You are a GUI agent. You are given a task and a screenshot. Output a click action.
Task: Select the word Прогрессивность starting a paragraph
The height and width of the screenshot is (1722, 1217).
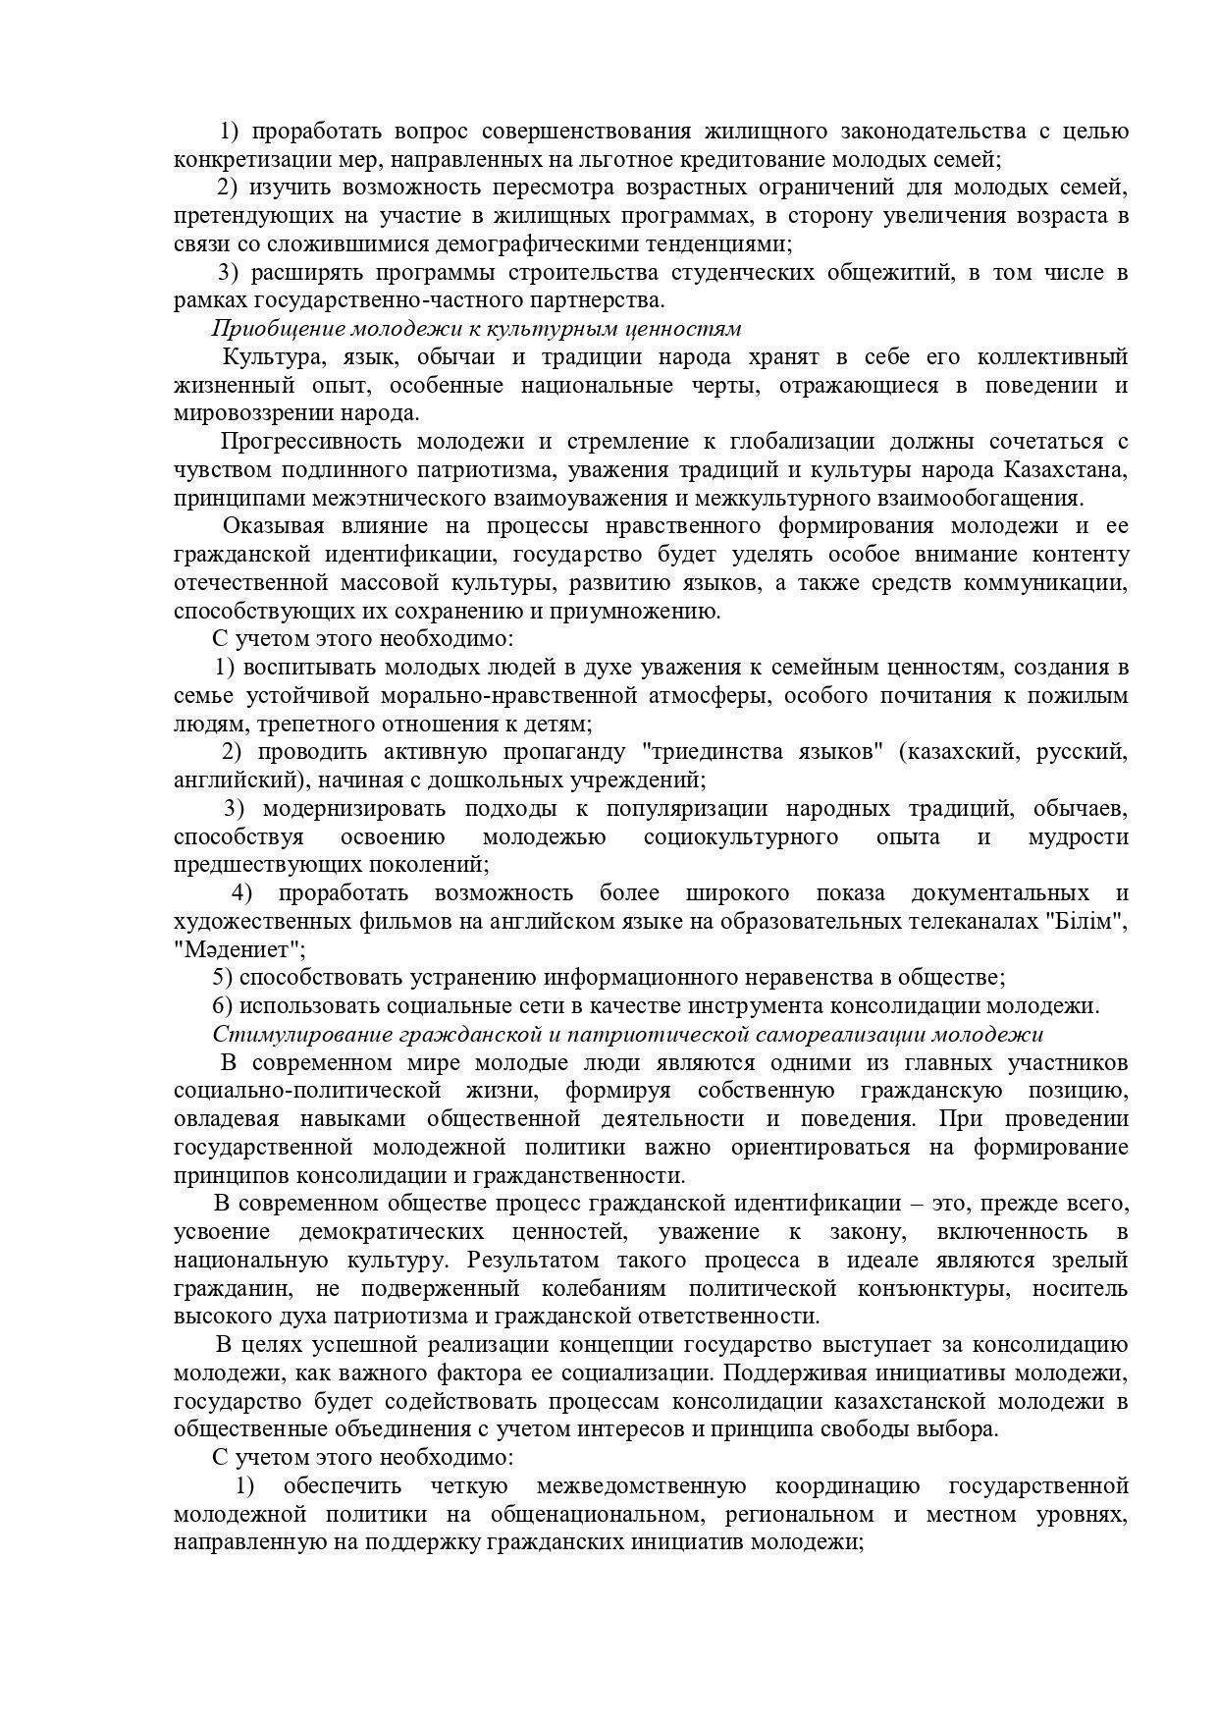309,442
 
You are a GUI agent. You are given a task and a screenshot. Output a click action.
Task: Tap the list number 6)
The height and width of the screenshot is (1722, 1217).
222,1006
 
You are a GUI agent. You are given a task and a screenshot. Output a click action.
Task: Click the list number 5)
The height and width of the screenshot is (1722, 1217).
222,978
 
